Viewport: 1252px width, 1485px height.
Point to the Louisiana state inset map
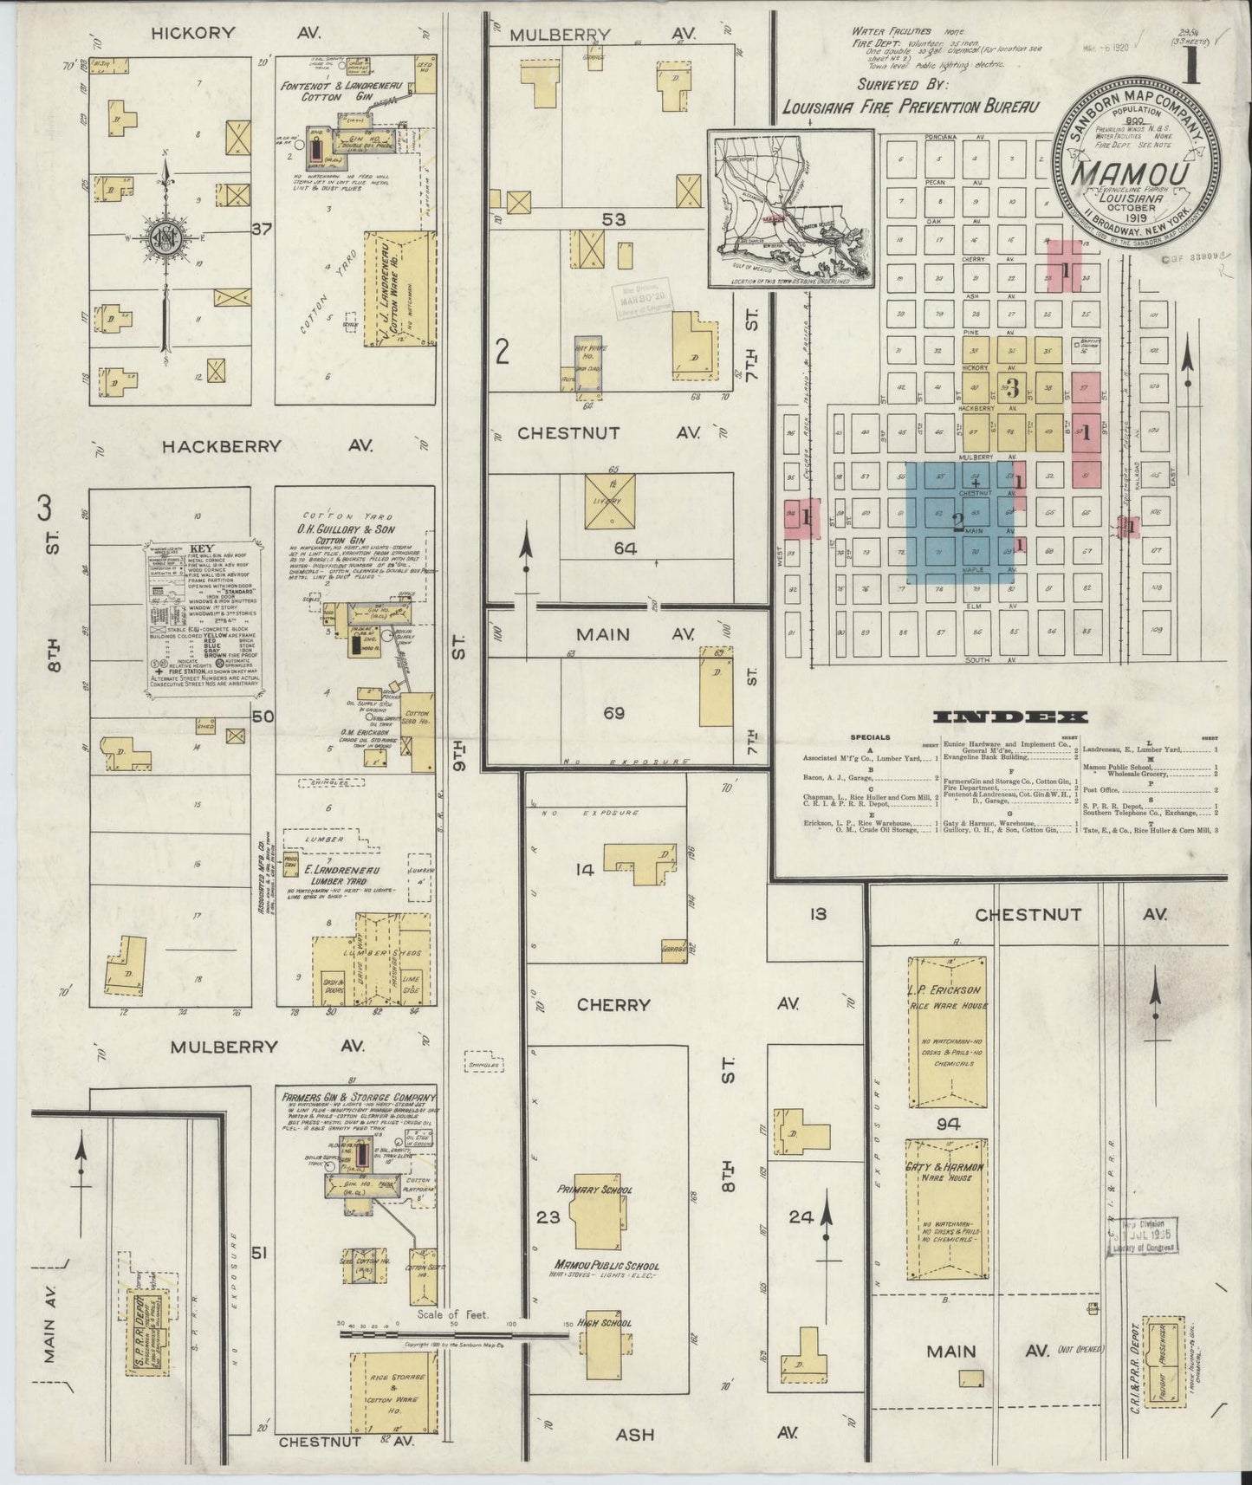point(789,209)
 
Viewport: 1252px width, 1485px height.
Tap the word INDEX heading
point(1010,717)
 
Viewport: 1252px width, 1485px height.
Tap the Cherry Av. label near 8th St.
point(613,1005)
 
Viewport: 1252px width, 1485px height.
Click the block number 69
point(613,714)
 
